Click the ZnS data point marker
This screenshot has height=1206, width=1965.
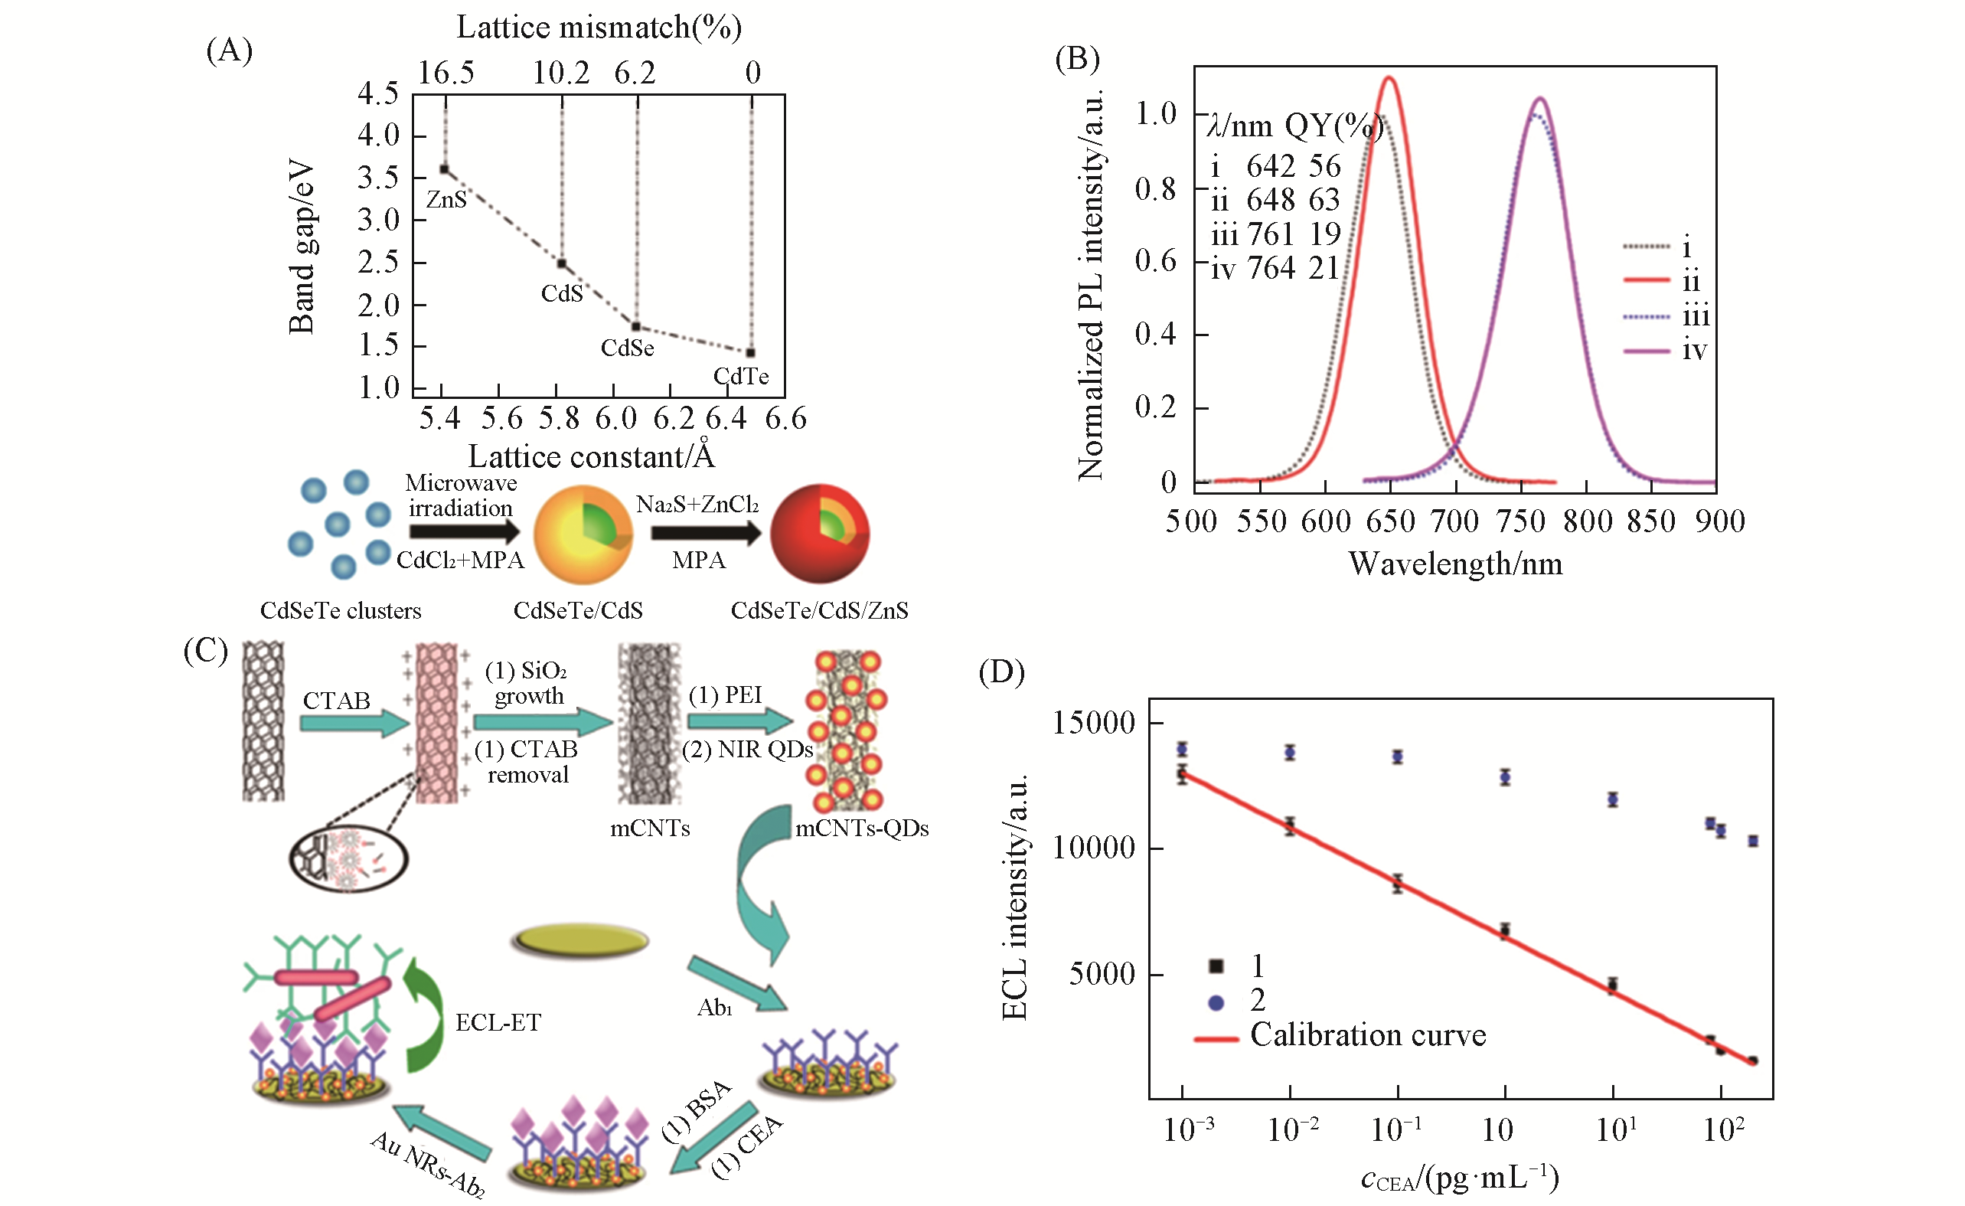[444, 170]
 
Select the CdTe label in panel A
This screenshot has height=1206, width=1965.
[741, 377]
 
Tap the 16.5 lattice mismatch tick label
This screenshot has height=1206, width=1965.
[446, 74]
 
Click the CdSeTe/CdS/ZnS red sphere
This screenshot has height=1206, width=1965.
[819, 534]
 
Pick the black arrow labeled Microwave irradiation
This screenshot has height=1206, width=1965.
[464, 532]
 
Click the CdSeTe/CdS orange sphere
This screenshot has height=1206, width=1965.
[583, 534]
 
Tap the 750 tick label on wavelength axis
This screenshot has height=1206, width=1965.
[1521, 521]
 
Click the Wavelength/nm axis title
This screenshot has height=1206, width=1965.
[1455, 564]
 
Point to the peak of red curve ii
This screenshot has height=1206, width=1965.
[1390, 78]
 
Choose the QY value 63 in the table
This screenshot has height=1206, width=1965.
[1324, 200]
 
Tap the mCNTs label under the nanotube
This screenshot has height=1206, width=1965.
[650, 829]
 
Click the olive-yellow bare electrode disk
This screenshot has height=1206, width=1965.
[579, 941]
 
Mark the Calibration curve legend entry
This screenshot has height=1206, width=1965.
[1367, 1035]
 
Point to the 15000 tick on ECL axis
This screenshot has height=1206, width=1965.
[1093, 724]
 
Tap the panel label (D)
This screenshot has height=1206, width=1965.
[1002, 672]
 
